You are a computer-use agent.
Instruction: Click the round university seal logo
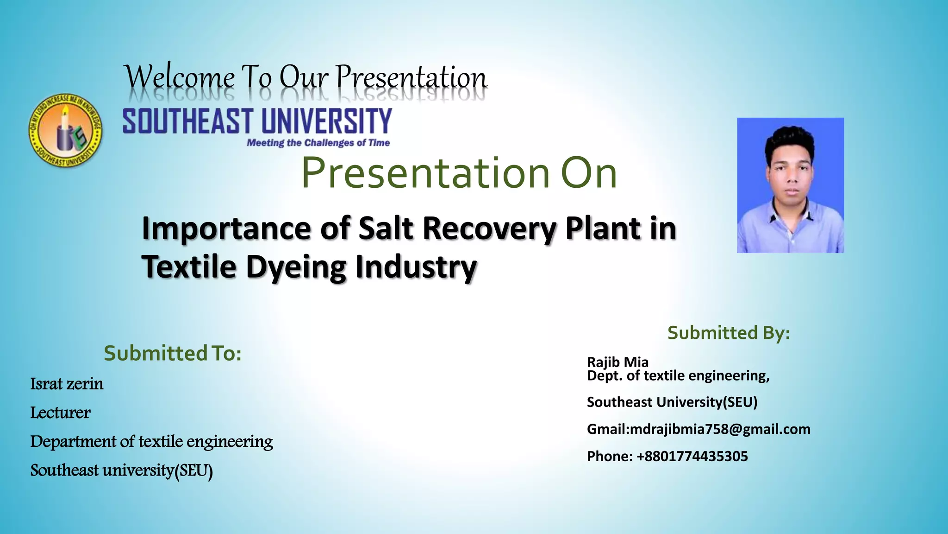[x=65, y=130]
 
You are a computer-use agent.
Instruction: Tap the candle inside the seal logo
[x=64, y=132]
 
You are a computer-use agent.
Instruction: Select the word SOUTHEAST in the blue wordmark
[x=188, y=121]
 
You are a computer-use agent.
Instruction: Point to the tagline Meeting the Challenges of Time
[x=318, y=143]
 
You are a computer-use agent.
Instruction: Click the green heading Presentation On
[x=459, y=172]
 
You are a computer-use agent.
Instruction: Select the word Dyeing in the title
[x=296, y=267]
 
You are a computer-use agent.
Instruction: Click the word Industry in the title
[x=416, y=267]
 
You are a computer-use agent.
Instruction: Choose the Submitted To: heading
[x=173, y=353]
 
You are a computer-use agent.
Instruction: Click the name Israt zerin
[x=67, y=384]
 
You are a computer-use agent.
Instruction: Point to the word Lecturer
[x=60, y=413]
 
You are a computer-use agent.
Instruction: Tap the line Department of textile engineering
[x=151, y=441]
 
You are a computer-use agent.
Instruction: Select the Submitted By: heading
[x=729, y=333]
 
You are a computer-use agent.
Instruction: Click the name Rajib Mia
[x=617, y=362]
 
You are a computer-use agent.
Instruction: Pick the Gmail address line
[x=699, y=429]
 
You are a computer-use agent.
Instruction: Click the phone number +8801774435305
[x=692, y=456]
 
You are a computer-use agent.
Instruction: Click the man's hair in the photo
[x=789, y=139]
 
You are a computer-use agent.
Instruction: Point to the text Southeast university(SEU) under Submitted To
[x=121, y=470]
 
